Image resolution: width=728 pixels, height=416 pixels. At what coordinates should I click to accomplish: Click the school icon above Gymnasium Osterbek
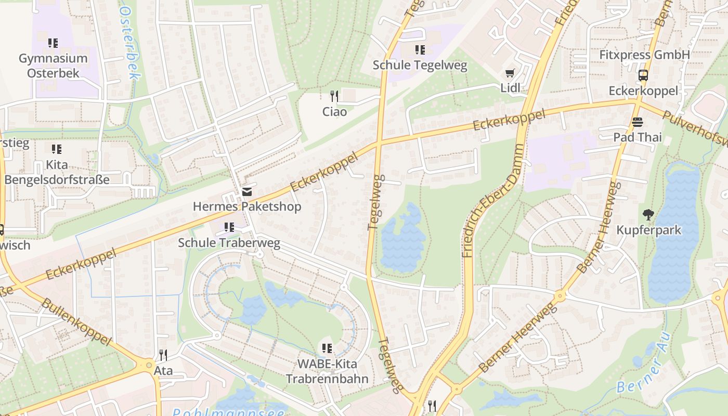[x=53, y=43]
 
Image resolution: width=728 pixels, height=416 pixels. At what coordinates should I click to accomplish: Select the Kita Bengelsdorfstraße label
[x=57, y=172]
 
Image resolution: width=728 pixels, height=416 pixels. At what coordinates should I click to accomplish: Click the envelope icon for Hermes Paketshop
[x=247, y=192]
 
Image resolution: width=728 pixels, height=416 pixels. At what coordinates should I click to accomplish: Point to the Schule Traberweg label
[x=229, y=243]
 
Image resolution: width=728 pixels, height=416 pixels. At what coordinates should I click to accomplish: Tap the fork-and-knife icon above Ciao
[x=334, y=96]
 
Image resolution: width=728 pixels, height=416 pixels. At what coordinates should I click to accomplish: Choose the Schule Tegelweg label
[x=420, y=66]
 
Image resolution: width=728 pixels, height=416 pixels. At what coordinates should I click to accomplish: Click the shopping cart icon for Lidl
[x=510, y=73]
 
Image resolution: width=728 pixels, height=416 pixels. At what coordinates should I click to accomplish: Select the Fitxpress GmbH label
[x=644, y=55]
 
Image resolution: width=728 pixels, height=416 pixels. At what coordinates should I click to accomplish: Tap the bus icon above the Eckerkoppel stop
[x=643, y=75]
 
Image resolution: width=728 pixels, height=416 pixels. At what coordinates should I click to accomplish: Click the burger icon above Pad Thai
[x=638, y=122]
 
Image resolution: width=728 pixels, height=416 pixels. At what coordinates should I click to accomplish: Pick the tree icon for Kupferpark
[x=648, y=214]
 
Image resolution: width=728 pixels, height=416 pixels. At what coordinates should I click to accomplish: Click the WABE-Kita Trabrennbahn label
[x=327, y=371]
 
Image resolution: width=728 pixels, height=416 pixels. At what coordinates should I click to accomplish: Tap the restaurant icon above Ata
[x=163, y=355]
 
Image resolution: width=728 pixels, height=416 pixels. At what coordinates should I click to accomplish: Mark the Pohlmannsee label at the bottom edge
[x=229, y=412]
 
